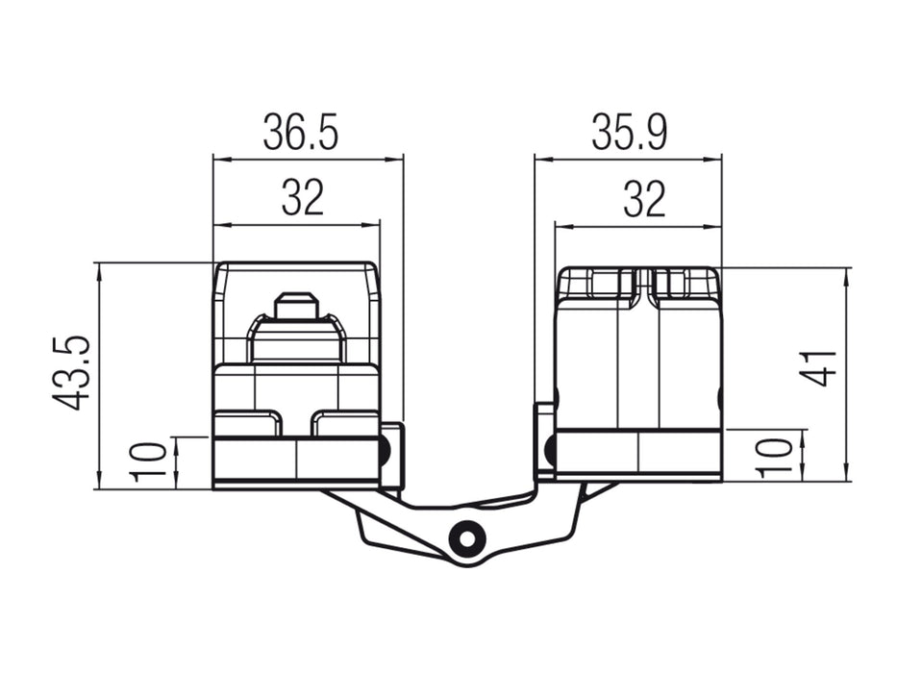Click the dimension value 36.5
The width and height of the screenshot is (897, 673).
(x=301, y=133)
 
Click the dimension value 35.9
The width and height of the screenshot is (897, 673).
(x=629, y=133)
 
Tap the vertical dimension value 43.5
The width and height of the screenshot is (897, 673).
(x=72, y=373)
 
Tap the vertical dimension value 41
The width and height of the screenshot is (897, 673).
(x=820, y=368)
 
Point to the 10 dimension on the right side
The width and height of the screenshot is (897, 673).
(x=777, y=456)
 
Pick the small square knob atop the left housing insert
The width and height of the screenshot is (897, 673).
(x=296, y=307)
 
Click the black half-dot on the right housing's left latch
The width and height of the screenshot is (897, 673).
(x=551, y=448)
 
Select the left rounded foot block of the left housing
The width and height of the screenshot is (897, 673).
(x=247, y=423)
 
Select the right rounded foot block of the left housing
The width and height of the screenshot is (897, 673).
(x=344, y=423)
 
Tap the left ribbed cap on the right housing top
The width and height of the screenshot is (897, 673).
(x=597, y=284)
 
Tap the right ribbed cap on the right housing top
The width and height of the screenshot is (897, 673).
(x=685, y=284)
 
